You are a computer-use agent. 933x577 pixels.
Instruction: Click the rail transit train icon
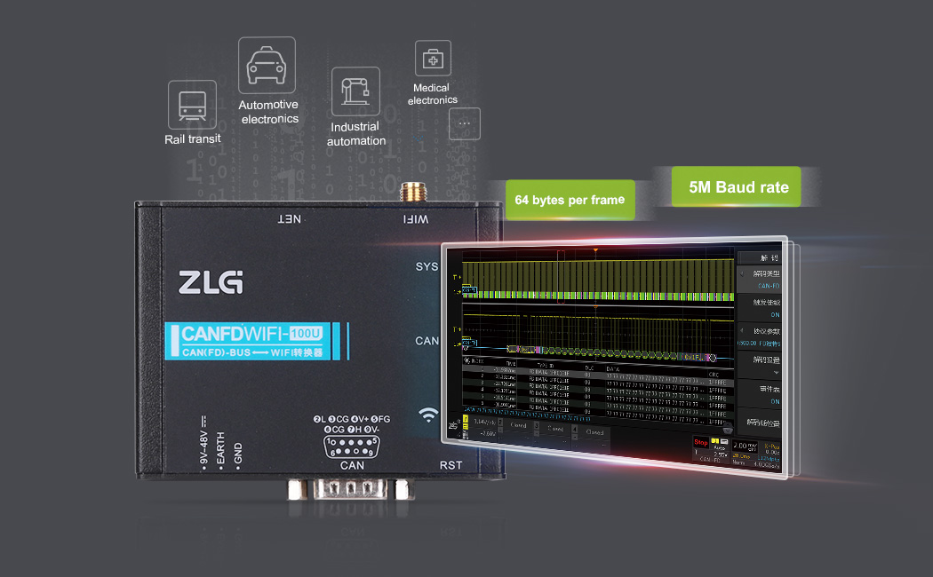click(x=192, y=105)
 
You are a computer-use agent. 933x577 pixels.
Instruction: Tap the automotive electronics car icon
click(x=266, y=65)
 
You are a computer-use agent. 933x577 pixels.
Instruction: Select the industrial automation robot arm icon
click(x=355, y=91)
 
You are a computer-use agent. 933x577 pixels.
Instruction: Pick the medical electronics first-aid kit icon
click(x=433, y=59)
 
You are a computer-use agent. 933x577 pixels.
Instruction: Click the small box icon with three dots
click(x=464, y=125)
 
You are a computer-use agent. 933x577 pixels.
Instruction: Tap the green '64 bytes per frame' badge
click(x=570, y=200)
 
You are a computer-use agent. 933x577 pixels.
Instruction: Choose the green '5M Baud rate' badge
click(x=736, y=187)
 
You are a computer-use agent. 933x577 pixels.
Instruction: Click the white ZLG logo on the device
click(x=211, y=282)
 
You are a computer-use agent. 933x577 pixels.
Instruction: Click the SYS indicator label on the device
click(x=427, y=267)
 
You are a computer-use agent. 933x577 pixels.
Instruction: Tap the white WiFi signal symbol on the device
click(x=429, y=415)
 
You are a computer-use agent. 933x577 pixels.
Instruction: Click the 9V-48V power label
click(x=204, y=442)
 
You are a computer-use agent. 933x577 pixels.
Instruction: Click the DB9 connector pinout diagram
click(x=353, y=441)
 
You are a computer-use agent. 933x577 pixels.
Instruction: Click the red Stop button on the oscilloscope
click(x=700, y=441)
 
